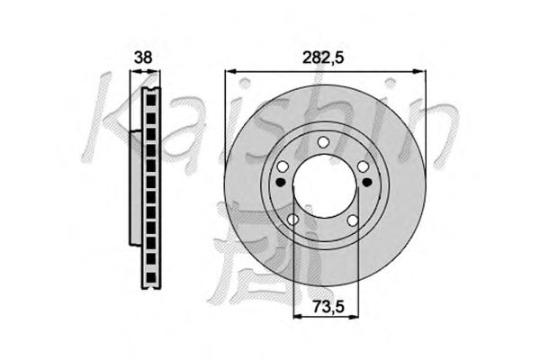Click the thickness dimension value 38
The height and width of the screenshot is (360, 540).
[143, 58]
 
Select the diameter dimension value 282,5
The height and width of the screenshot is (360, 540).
[323, 58]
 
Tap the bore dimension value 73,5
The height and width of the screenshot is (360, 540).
[328, 306]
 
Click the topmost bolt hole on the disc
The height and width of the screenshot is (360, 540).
[323, 141]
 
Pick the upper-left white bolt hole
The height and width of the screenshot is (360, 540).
[283, 167]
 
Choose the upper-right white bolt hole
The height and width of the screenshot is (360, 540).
[363, 166]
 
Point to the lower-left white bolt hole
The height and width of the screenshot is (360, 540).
[292, 219]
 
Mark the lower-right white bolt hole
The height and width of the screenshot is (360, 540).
[353, 220]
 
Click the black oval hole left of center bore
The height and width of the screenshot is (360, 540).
[281, 182]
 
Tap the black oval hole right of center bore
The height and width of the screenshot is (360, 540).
[367, 181]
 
